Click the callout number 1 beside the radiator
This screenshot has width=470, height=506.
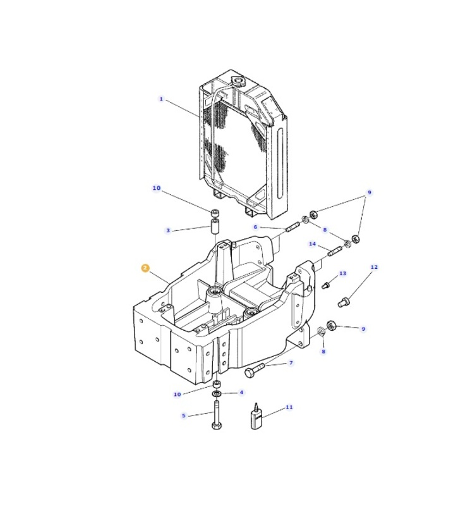pyautogui.click(x=161, y=99)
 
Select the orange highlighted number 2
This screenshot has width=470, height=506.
pyautogui.click(x=145, y=268)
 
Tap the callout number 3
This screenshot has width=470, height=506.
pyautogui.click(x=168, y=230)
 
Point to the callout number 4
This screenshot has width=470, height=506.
pyautogui.click(x=241, y=392)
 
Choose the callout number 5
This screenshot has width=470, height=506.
pyautogui.click(x=184, y=416)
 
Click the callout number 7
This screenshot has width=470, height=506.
pyautogui.click(x=291, y=362)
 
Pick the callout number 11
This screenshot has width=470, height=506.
pyautogui.click(x=289, y=407)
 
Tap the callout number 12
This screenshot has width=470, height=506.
pyautogui.click(x=374, y=267)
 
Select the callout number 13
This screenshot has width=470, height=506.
pyautogui.click(x=342, y=273)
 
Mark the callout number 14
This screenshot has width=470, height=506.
pyautogui.click(x=312, y=244)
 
